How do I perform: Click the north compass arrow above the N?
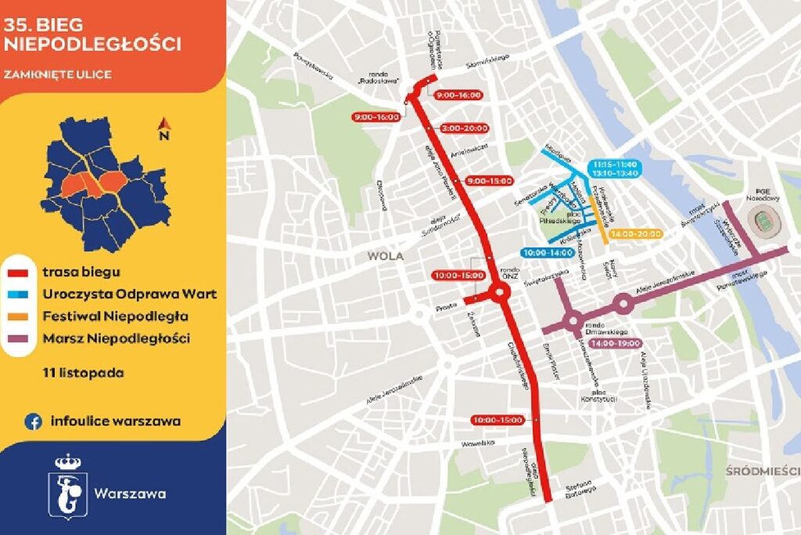click(x=164, y=124)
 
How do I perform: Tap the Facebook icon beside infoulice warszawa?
click(x=33, y=421)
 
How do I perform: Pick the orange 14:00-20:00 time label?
click(x=636, y=233)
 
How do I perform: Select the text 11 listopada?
click(x=84, y=372)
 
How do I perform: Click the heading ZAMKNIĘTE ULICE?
click(x=57, y=74)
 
